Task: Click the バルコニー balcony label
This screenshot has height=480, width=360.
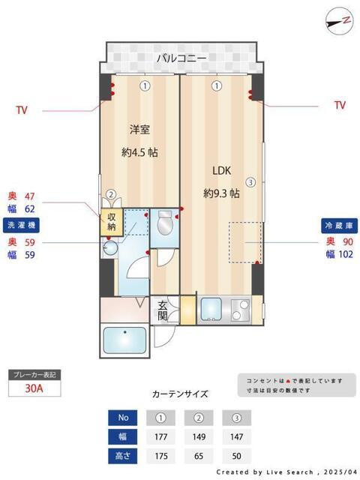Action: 181,58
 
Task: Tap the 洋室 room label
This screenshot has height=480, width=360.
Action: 139,127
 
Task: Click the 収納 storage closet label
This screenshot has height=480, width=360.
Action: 111,222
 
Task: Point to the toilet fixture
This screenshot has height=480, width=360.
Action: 166,224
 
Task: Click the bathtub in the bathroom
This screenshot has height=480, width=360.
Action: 124,341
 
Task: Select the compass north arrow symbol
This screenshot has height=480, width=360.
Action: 339,20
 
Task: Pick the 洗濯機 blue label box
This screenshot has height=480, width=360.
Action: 21,225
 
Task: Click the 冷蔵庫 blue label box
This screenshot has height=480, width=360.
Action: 337,225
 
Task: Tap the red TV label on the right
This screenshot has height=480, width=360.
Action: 340,105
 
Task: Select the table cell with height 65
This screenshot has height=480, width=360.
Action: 198,455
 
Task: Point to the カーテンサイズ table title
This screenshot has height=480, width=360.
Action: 180,394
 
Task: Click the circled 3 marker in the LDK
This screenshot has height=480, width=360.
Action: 251,181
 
